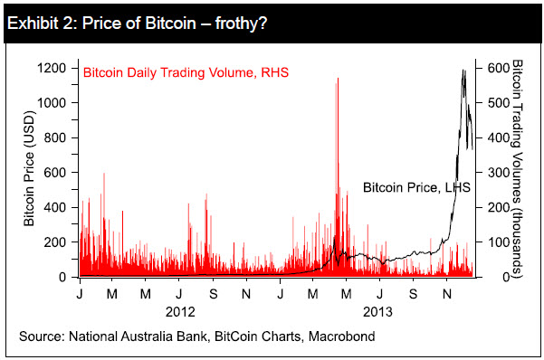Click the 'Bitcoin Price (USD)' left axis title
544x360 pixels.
(x=28, y=173)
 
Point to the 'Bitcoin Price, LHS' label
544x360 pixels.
(x=411, y=187)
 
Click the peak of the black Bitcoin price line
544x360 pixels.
(x=464, y=70)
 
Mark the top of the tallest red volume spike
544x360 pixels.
(x=338, y=79)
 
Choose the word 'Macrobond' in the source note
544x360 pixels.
(x=338, y=336)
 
